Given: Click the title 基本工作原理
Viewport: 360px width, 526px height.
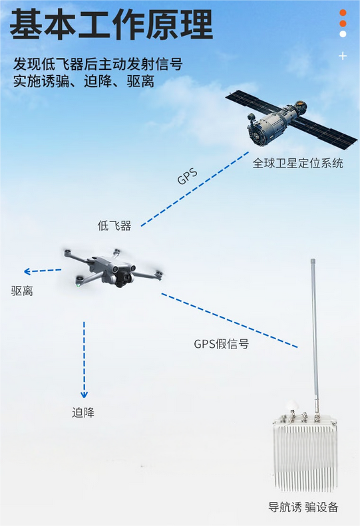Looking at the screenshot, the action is (x=112, y=24).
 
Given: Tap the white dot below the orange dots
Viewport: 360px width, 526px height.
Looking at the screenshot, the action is (x=343, y=34).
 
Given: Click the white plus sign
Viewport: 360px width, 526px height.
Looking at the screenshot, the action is (x=343, y=56).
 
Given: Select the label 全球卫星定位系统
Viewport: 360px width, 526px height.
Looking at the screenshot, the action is (x=298, y=164).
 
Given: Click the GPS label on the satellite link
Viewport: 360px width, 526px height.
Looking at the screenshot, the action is (x=187, y=177).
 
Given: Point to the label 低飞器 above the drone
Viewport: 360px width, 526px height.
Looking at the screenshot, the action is (x=114, y=225).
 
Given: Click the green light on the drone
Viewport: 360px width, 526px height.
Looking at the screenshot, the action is (x=79, y=285).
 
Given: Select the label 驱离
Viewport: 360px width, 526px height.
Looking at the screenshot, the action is (x=22, y=291).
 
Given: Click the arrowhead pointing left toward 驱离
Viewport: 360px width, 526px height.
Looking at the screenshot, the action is (x=27, y=271).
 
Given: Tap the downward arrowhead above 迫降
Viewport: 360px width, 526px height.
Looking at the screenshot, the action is (x=84, y=394).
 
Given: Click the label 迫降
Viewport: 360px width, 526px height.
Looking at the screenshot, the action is (x=83, y=412).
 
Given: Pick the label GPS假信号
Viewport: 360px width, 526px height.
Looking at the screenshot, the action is (x=222, y=344).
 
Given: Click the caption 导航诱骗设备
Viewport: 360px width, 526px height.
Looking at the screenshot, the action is (x=303, y=507).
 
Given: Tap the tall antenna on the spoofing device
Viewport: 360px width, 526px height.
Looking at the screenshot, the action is (x=314, y=335).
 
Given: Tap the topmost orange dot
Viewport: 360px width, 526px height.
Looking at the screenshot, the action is (x=343, y=13).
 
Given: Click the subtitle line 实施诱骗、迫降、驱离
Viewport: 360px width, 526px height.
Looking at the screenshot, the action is (x=84, y=82).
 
